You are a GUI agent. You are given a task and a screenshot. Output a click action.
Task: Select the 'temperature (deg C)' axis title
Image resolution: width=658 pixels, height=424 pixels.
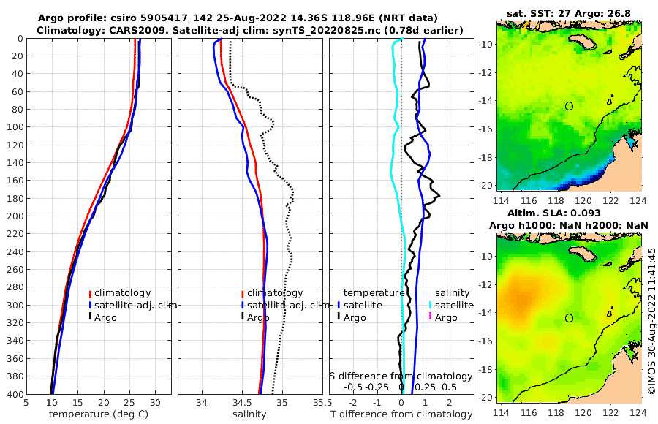(97, 414)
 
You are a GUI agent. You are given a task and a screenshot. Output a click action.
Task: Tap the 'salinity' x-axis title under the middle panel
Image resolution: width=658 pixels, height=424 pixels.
(249, 414)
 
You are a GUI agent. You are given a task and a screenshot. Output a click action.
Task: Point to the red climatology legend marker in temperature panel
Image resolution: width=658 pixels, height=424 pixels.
(90, 293)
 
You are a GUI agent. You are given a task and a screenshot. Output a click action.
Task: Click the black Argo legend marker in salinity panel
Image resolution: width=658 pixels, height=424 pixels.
(242, 317)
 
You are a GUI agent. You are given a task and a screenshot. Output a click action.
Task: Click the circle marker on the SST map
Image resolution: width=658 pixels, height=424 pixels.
(569, 106)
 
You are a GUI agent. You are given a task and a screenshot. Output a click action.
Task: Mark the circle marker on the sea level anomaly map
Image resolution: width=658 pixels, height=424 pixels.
(569, 318)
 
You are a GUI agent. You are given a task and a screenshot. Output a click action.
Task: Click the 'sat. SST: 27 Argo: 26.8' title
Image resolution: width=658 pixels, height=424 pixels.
(569, 13)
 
